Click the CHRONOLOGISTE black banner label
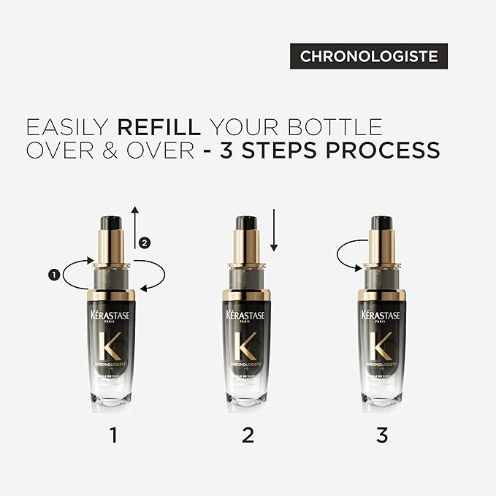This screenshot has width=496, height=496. (368, 56)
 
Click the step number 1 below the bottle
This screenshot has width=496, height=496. (112, 435)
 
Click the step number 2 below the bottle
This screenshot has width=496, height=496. (247, 435)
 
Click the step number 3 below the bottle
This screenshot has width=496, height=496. (381, 435)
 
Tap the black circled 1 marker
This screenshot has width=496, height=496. (53, 275)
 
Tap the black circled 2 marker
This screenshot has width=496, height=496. (145, 243)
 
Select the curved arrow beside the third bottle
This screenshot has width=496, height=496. (348, 256)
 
